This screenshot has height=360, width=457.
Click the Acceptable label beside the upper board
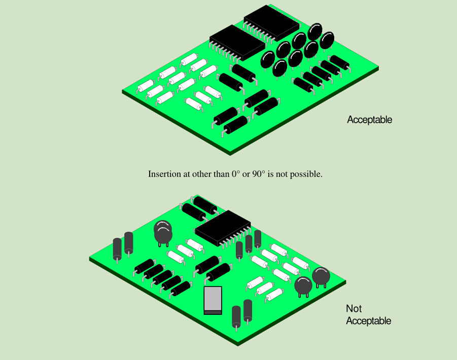370,120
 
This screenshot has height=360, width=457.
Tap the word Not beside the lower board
354,308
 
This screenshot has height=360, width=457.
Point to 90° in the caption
259,174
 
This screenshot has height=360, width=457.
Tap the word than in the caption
222,174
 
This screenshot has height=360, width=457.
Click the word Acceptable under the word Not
369,320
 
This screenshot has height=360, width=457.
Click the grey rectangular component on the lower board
213,300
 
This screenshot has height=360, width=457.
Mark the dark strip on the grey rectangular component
213,312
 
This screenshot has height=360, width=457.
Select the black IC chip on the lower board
223,228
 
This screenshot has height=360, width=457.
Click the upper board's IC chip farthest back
272,22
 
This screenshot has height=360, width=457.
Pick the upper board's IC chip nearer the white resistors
237,43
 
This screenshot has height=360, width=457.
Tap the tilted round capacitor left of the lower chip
163,232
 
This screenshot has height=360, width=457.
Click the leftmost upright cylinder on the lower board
117,249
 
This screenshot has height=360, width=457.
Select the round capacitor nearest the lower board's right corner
321,276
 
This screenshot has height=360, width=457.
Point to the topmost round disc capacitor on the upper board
315,31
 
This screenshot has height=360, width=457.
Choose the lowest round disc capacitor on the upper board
279,68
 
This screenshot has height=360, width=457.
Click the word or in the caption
246,174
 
